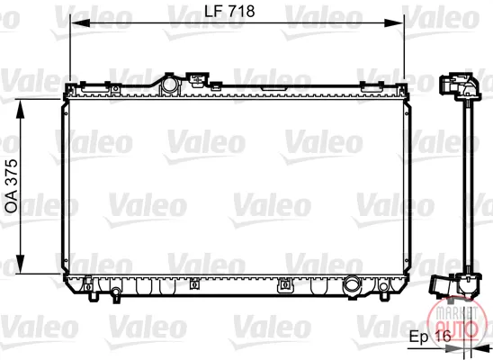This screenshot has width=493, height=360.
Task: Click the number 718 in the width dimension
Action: pos(241,12)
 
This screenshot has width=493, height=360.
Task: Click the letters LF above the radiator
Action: pos(214,12)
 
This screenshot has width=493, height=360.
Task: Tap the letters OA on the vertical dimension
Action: pos(12,202)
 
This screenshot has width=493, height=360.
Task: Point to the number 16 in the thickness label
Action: pos(443,337)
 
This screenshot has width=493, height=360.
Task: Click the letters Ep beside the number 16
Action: pos(419,337)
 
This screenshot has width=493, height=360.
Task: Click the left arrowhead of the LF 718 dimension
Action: pos(80,23)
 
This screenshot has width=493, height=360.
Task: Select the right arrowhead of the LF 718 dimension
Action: pos(393,23)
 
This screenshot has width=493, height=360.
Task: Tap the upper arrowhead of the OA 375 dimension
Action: pos(20,110)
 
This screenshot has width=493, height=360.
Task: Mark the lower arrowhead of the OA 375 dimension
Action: pos(20,264)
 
